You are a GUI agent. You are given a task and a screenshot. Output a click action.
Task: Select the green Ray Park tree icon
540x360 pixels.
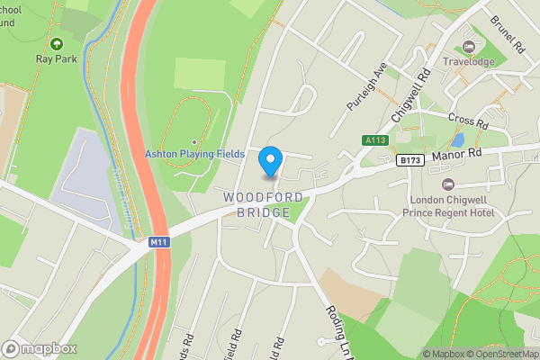(x=57, y=42)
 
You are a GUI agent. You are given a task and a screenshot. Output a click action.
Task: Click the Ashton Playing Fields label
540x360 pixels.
(x=195, y=154)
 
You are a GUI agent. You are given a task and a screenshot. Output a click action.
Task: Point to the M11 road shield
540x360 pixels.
(x=159, y=242)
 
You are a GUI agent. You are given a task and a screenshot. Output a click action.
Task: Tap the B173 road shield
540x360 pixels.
(x=409, y=160)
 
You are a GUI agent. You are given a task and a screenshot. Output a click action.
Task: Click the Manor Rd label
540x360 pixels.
(x=457, y=155)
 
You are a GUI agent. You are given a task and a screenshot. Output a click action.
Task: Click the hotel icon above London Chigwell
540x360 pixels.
(x=447, y=184)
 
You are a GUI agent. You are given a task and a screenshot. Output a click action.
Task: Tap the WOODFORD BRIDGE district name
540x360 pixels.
(x=259, y=204)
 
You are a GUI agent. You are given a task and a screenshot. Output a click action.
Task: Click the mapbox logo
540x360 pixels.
(x=40, y=348)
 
